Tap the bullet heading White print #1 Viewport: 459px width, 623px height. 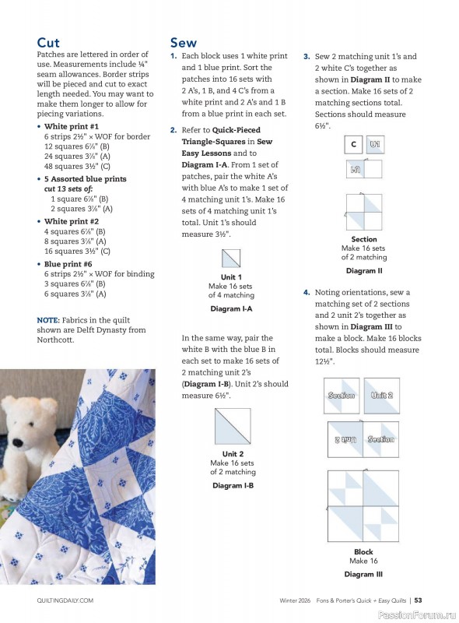(x=72, y=126)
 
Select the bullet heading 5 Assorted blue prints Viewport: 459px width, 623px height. (x=86, y=178)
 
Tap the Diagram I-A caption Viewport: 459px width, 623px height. (x=232, y=308)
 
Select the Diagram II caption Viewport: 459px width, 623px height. (x=364, y=271)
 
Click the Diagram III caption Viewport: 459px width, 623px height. (x=363, y=574)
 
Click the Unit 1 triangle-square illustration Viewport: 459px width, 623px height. (x=231, y=258)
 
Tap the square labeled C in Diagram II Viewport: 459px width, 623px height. (x=354, y=145)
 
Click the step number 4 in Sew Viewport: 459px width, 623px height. (x=307, y=292)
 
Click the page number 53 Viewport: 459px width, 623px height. (x=418, y=600)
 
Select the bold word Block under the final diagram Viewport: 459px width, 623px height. (x=363, y=552)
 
